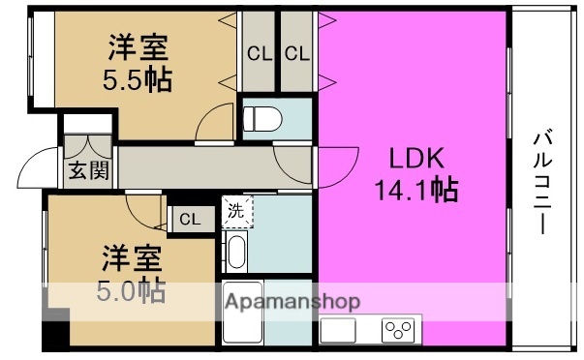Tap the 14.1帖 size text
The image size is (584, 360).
(416, 189)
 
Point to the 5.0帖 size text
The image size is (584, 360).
(134, 287)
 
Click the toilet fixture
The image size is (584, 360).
(261, 119)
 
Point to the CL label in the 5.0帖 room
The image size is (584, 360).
(189, 220)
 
